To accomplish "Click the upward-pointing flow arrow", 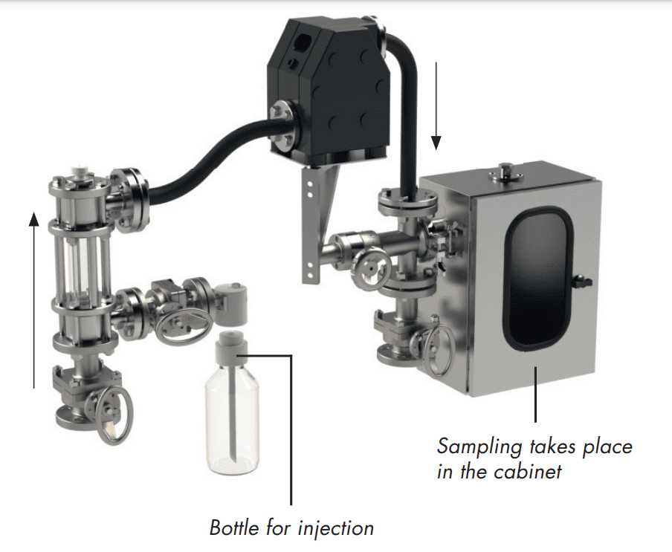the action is (x=34, y=299).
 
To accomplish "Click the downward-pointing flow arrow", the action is (x=436, y=105).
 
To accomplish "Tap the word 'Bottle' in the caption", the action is (x=233, y=527).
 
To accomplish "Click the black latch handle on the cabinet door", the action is (x=584, y=282).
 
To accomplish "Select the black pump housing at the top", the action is (x=329, y=94).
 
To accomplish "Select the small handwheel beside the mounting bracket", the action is (x=371, y=268).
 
